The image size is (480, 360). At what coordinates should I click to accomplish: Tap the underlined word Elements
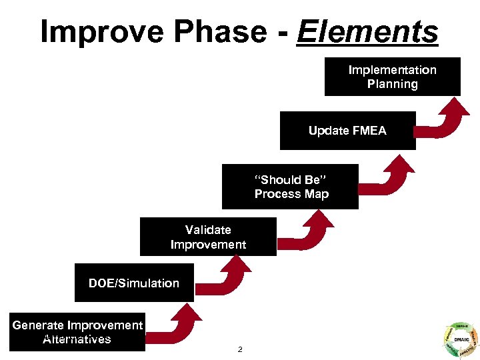pos(368,31)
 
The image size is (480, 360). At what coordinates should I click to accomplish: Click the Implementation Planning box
pos(392,77)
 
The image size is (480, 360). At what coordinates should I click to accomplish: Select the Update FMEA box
pos(347,131)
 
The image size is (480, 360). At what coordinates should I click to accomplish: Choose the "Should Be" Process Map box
pos(291,187)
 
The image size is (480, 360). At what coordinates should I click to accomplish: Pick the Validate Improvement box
pos(208,237)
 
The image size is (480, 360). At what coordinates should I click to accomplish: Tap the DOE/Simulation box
pos(134,283)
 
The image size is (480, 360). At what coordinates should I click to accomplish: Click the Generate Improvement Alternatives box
pos(77,332)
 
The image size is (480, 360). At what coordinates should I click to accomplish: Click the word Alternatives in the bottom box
pos(77,339)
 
